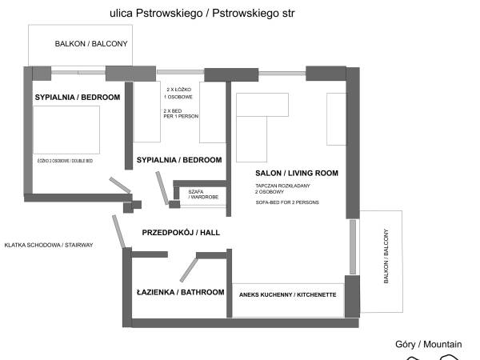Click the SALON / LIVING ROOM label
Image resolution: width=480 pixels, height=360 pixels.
[297, 173]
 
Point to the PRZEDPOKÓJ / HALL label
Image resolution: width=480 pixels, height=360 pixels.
[181, 232]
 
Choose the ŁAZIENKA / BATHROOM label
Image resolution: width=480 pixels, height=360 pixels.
[180, 292]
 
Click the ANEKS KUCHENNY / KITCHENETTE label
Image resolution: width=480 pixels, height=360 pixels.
[287, 294]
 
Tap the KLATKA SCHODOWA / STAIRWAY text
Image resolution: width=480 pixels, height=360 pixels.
[49, 245]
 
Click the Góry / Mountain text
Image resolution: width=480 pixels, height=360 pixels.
[428, 344]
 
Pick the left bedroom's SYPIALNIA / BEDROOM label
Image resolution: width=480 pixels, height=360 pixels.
[78, 97]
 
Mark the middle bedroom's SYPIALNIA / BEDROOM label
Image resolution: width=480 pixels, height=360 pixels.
[179, 160]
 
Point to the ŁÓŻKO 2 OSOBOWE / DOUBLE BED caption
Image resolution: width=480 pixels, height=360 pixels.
[66, 160]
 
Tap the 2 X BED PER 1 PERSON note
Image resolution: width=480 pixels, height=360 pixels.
[180, 113]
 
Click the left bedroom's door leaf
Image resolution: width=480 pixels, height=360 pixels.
[120, 185]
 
